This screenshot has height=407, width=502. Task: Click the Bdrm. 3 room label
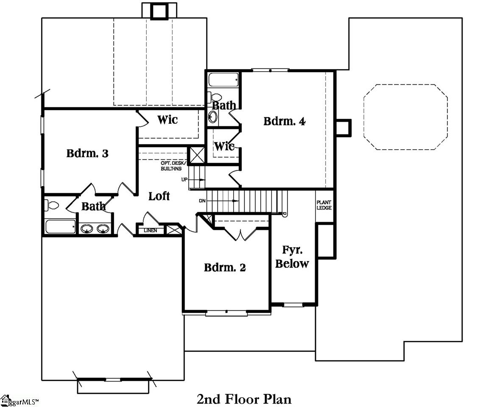tap(87, 153)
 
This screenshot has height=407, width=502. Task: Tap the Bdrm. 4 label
tap(284, 121)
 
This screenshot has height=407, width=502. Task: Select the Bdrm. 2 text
tap(225, 268)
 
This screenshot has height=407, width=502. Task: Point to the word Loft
tap(159, 196)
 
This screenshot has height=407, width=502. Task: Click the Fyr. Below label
tap(292, 256)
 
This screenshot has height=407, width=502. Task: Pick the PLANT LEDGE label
tap(324, 205)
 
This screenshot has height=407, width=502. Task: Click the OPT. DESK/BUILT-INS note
tap(171, 166)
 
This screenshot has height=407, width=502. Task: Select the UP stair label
tap(184, 180)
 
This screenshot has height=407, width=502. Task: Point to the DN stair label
tap(202, 201)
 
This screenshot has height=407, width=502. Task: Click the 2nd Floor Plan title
tap(244, 399)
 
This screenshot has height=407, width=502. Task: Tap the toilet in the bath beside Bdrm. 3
tap(52, 205)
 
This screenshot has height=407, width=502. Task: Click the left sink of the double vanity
tap(87, 229)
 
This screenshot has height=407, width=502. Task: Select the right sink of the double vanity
tap(103, 229)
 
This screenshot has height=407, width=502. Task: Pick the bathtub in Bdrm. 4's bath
tap(223, 80)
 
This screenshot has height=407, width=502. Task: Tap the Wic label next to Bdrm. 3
tap(167, 120)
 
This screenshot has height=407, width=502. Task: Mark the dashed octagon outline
tap(405, 117)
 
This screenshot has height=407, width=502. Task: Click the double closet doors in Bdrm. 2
tap(240, 234)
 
